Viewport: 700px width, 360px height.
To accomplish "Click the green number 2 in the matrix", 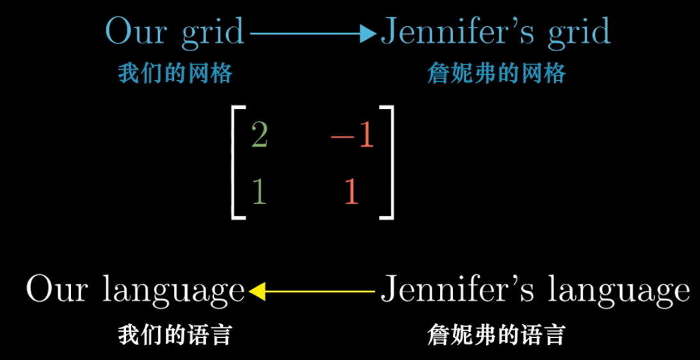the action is pos(259,135).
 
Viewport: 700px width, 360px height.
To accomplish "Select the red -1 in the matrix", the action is pos(352,136).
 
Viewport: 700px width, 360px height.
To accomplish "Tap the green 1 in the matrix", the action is pos(259,191).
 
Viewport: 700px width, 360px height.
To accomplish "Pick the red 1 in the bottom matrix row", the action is pos(352,191).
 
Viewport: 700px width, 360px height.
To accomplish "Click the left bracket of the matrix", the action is pos(235,163).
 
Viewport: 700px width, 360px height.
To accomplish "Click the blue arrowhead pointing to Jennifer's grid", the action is pos(368,33).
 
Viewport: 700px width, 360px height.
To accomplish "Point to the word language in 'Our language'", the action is pos(173,292).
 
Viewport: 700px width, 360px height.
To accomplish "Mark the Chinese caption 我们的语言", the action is pos(174,335).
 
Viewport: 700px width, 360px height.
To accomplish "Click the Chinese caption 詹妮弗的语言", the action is pos(496,335).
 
